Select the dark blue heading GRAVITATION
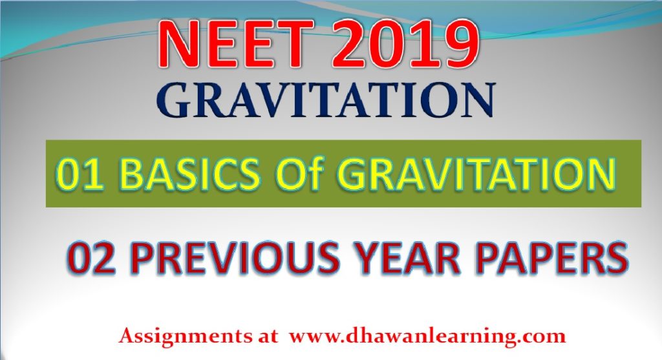(x=326, y=100)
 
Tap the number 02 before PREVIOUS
(x=91, y=257)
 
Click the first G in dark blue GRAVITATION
(x=174, y=100)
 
